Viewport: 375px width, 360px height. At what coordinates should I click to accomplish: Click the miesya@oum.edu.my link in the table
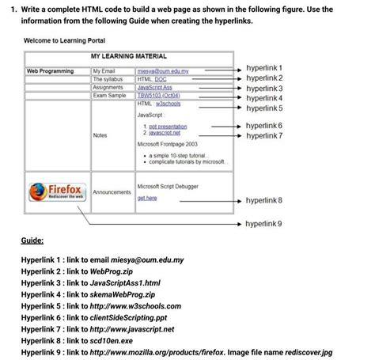click(x=163, y=70)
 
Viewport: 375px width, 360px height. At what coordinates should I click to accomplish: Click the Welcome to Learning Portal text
click(x=65, y=40)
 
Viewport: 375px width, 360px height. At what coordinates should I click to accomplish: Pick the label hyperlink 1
click(x=264, y=69)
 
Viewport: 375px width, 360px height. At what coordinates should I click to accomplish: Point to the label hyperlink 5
click(x=264, y=107)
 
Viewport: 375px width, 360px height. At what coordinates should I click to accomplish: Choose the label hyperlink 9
click(x=264, y=224)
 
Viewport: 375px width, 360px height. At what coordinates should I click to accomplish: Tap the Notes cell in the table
click(x=100, y=135)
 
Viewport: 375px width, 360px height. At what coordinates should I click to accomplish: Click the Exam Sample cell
click(x=109, y=95)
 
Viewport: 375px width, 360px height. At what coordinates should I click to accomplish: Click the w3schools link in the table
click(x=170, y=103)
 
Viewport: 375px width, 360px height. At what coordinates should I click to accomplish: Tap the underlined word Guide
click(x=32, y=241)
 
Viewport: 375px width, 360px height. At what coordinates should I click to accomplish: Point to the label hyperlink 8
click(x=264, y=201)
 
